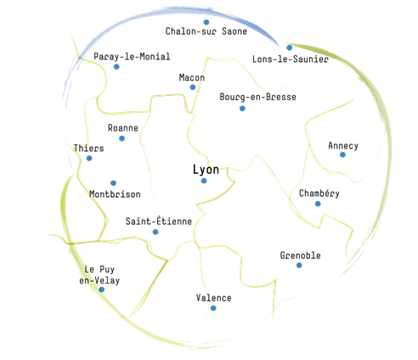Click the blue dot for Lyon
204,181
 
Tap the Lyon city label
206,170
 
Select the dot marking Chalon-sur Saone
206,22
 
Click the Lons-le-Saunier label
291,59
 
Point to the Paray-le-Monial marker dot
116,67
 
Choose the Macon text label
192,77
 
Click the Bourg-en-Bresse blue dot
242,109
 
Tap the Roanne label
123,128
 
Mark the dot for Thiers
89,158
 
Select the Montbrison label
115,194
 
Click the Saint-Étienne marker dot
155,232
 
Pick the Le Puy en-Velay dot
101,290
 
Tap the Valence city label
213,298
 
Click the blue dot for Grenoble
299,265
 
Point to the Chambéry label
319,194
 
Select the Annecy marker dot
342,155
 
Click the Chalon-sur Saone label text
206,31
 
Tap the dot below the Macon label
193,87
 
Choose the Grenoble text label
301,256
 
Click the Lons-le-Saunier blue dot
289,48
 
